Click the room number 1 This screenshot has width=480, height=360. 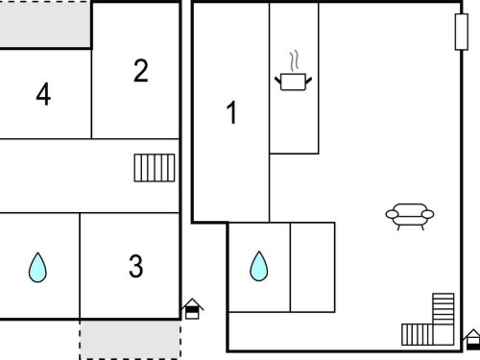(231, 112)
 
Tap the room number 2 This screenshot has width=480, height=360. (141, 70)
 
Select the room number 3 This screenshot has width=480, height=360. (136, 266)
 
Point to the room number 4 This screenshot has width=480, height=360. (43, 94)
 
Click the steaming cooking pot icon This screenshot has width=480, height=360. (294, 71)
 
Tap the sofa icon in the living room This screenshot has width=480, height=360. (410, 217)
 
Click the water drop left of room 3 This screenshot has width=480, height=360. (37, 268)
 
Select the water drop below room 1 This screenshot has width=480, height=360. (259, 267)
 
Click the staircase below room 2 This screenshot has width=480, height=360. (155, 168)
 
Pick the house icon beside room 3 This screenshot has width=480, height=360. (192, 309)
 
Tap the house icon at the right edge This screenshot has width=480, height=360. (472, 340)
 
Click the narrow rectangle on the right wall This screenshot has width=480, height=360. (462, 32)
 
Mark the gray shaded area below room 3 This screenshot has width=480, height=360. (130, 339)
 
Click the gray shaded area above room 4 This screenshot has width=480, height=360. (45, 24)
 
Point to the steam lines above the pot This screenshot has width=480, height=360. (295, 60)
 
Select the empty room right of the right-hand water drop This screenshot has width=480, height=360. (313, 267)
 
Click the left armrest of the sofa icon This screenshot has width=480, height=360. (393, 214)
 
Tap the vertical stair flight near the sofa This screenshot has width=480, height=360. (444, 308)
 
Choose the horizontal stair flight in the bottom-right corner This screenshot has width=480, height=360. (418, 334)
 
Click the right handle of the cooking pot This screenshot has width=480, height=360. (309, 81)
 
